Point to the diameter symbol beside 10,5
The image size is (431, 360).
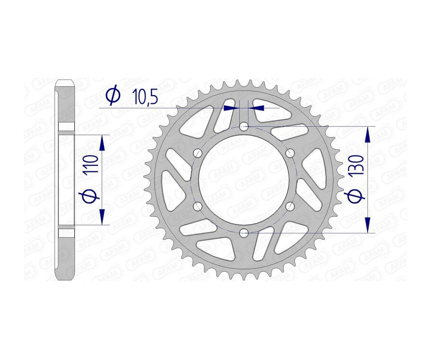[113, 96]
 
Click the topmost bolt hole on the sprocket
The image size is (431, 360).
[244, 127]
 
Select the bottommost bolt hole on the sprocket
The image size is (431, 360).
[244, 233]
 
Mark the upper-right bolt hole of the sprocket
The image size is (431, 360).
[290, 153]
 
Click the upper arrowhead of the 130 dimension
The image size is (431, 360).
[368, 135]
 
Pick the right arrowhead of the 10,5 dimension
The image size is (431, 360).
[256, 108]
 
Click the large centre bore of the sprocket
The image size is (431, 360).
[244, 180]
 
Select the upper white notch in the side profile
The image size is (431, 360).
[67, 127]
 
